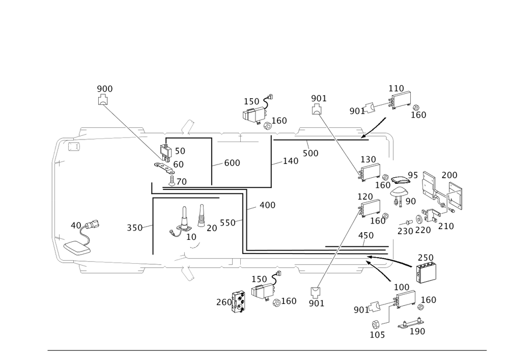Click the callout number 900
(x=104, y=89)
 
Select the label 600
(x=232, y=162)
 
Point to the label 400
(x=267, y=205)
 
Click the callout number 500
(x=310, y=153)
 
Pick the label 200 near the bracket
(x=449, y=175)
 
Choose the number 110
(x=397, y=88)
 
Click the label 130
(x=369, y=159)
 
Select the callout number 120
(x=365, y=196)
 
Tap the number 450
(x=366, y=235)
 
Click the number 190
(x=418, y=331)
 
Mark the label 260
(x=223, y=302)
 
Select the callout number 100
(x=402, y=288)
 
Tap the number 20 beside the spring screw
(x=211, y=228)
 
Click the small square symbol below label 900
(x=104, y=101)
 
